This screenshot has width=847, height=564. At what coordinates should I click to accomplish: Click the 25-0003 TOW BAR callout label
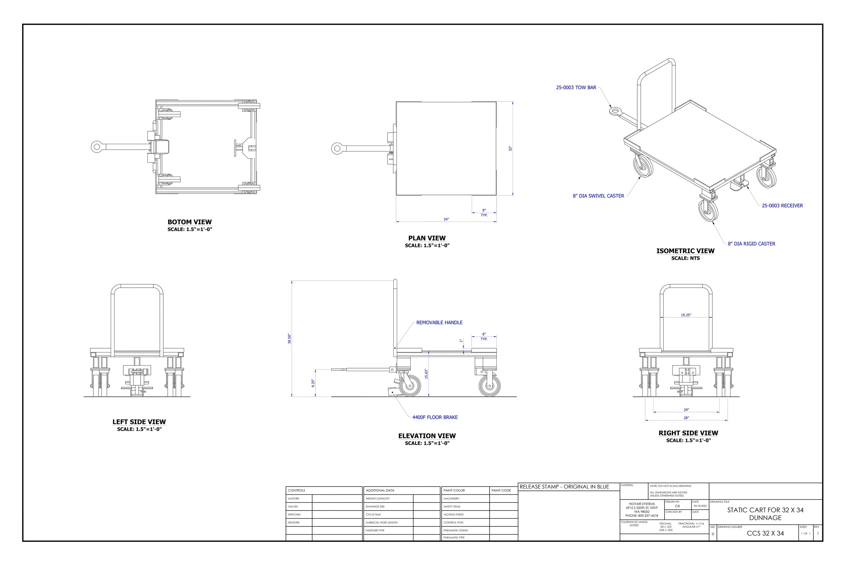coord(576,87)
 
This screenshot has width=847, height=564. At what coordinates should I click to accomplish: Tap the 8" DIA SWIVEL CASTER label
coord(598,196)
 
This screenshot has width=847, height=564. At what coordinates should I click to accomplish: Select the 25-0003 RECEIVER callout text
coord(782,206)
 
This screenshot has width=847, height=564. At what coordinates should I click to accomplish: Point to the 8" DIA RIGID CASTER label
coord(751,244)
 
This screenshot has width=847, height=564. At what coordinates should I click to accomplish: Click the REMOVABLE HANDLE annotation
coord(439,323)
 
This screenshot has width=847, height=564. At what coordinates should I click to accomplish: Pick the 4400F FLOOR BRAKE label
coord(435,417)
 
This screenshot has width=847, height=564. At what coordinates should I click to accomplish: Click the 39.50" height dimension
coord(290,339)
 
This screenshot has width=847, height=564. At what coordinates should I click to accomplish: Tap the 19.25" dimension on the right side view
coord(686,315)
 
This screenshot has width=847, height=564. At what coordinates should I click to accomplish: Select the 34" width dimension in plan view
coord(446,220)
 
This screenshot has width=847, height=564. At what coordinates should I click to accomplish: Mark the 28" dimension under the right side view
coord(686,418)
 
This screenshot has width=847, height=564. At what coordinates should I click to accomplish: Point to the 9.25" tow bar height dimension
coord(313,383)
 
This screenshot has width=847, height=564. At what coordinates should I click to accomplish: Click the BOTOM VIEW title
coord(189,222)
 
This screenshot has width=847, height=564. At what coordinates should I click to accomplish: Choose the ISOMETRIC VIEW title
coord(685,251)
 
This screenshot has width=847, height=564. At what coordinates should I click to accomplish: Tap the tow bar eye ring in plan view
coord(337,148)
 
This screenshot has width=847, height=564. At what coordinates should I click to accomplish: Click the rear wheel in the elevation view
coord(490,386)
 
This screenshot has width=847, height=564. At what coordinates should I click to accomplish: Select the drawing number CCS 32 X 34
coord(765,534)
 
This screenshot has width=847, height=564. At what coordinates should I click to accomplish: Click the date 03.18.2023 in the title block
coord(700,506)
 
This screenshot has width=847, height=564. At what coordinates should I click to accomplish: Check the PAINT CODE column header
coord(501,491)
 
